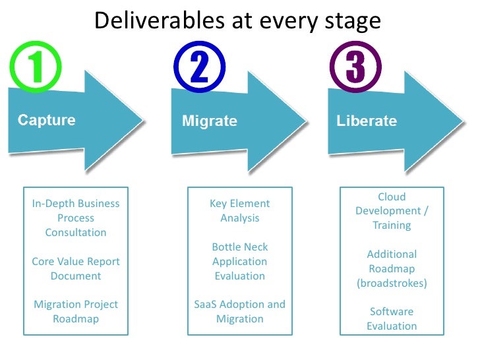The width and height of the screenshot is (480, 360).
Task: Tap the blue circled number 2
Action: click(200, 68)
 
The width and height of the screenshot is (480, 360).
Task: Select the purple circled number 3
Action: click(355, 68)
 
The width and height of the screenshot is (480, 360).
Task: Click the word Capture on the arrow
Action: click(46, 121)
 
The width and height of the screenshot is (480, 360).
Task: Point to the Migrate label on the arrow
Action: click(209, 121)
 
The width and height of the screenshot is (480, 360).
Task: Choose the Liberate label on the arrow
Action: click(367, 121)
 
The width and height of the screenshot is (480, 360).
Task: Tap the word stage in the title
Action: click(353, 22)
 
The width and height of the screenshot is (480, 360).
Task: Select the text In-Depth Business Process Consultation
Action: click(75, 218)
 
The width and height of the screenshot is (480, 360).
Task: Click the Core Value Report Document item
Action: click(75, 268)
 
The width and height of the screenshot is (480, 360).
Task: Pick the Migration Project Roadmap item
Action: click(75, 311)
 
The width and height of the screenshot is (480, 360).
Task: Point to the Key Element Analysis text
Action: click(239, 210)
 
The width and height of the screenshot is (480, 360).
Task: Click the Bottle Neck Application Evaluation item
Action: click(239, 261)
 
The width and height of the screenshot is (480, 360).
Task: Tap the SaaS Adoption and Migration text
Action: click(239, 311)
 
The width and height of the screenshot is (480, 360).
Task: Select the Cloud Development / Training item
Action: click(392, 211)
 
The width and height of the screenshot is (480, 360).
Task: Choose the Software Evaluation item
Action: click(392, 318)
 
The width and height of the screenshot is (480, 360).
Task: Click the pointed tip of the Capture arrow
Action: click(142, 121)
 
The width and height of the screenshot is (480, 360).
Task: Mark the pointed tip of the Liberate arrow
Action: click(462, 121)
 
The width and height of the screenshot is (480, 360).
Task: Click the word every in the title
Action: click(282, 22)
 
